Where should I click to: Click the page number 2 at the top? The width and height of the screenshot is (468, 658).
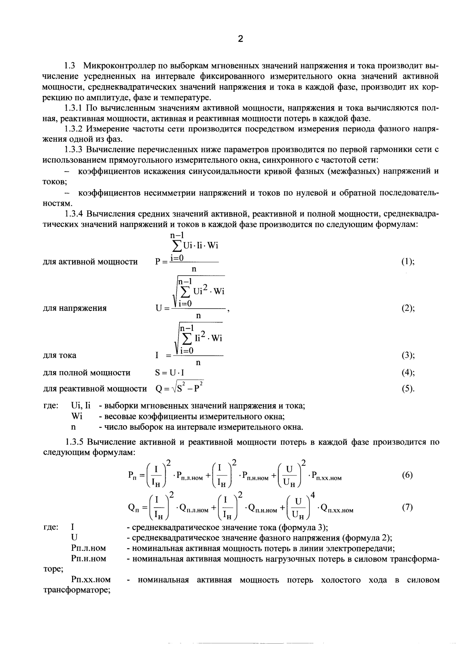click(x=240, y=39)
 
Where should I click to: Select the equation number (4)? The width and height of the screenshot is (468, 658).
click(x=407, y=373)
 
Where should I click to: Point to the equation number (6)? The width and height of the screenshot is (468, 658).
click(x=407, y=475)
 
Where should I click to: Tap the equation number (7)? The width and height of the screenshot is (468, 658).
click(x=407, y=507)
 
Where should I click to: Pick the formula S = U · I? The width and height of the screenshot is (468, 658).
click(x=169, y=373)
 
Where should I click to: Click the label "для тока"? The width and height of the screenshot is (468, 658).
click(x=59, y=355)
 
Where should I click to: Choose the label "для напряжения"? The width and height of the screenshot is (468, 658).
click(x=74, y=308)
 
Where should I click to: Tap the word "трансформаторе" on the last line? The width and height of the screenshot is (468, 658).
click(x=76, y=590)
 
